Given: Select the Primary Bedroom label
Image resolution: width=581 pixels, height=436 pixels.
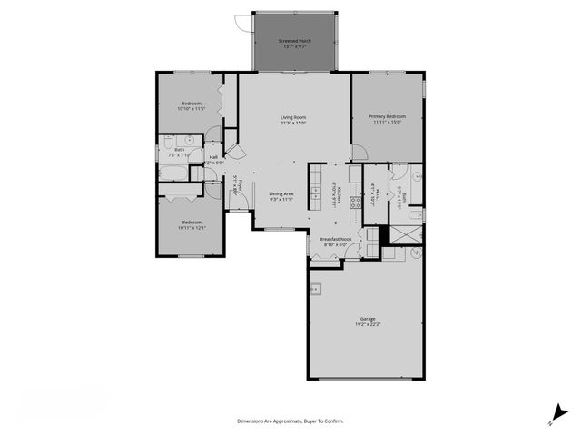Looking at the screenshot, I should [387, 117].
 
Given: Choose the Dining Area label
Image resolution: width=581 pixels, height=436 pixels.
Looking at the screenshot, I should [281, 194].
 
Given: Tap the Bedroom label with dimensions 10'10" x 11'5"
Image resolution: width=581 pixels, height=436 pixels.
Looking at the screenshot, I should [192, 104].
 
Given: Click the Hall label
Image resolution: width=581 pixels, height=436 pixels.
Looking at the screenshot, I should [213, 158].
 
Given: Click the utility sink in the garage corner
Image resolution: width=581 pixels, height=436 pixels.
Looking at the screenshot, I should [317, 291].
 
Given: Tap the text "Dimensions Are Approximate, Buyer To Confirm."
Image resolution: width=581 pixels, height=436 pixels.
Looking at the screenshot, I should [290, 421].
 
